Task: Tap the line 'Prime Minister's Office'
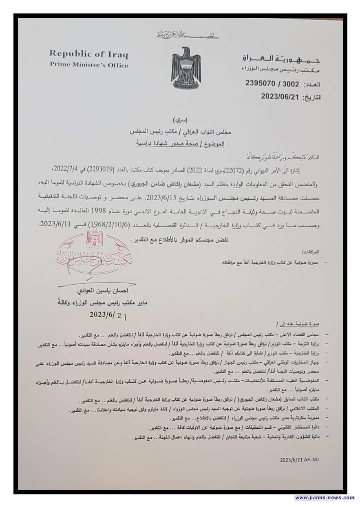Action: pos(89,65)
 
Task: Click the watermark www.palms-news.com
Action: pos(325,498)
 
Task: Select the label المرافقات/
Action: pos(313,251)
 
